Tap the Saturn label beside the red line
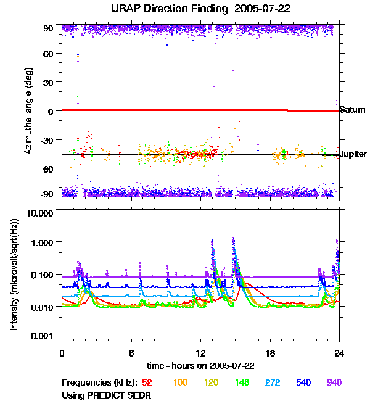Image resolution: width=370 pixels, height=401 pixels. pos(352,110)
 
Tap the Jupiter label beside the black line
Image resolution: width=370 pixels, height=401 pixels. pos(353,154)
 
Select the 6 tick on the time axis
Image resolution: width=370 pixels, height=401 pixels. pos(131,353)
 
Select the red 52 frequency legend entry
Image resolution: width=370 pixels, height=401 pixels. pos(147,383)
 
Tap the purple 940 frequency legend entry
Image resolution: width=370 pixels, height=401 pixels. pos(334,383)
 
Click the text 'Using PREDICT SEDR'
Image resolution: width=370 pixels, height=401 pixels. pos(106,395)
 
